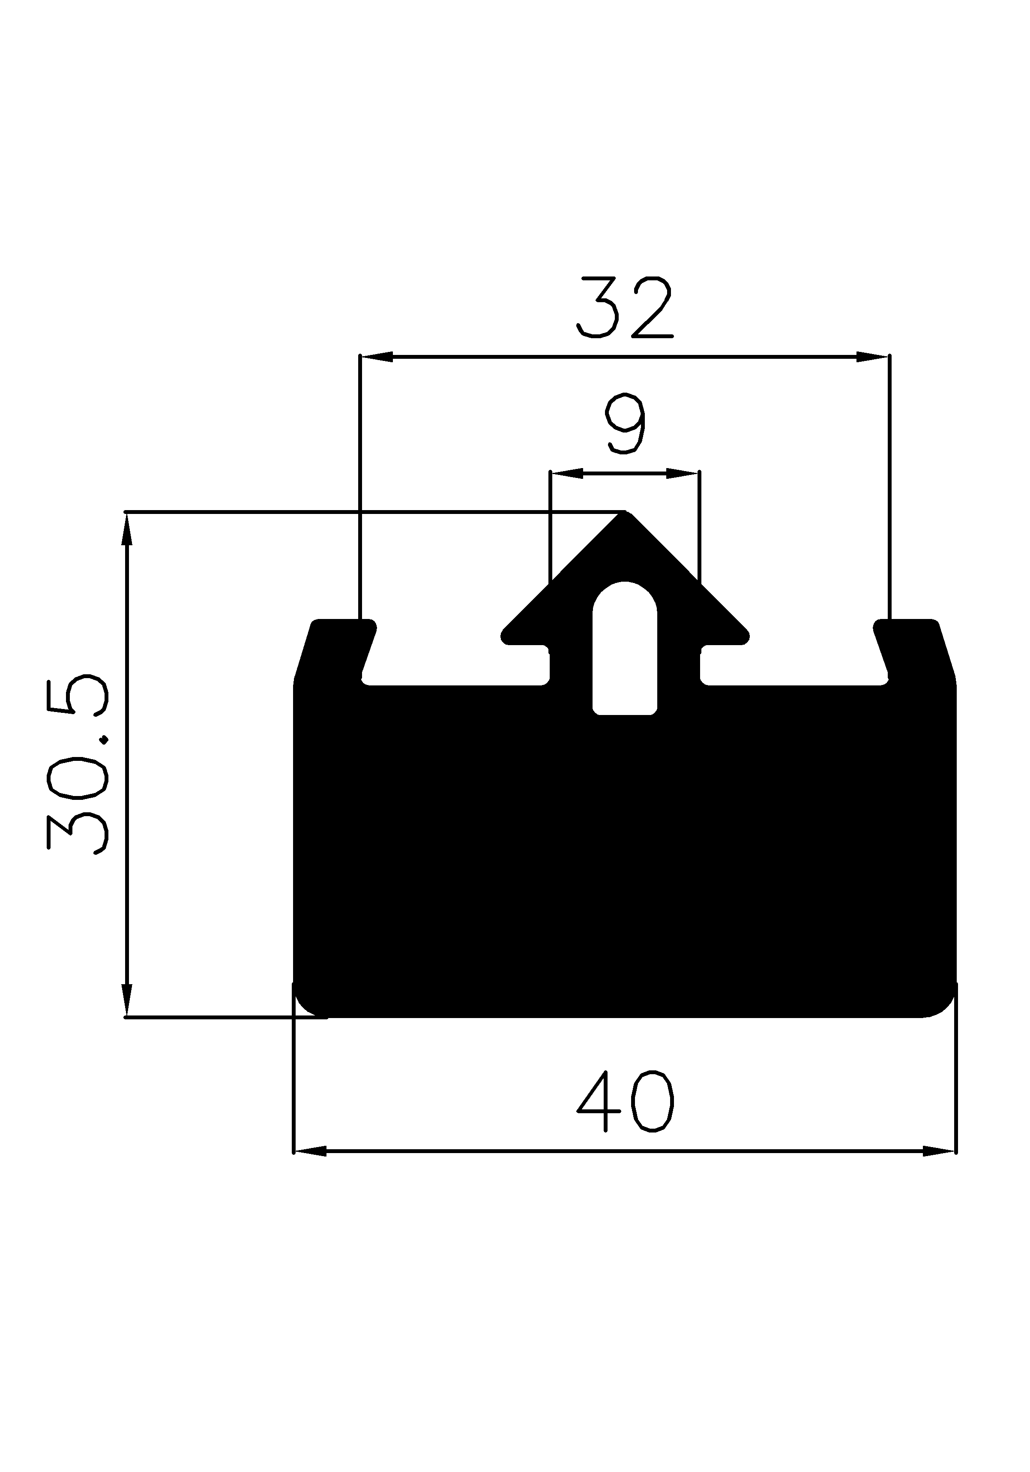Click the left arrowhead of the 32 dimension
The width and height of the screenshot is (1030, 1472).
tap(377, 357)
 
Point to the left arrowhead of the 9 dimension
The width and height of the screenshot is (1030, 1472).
tap(566, 474)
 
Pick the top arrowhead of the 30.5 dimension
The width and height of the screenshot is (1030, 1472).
tap(127, 529)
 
